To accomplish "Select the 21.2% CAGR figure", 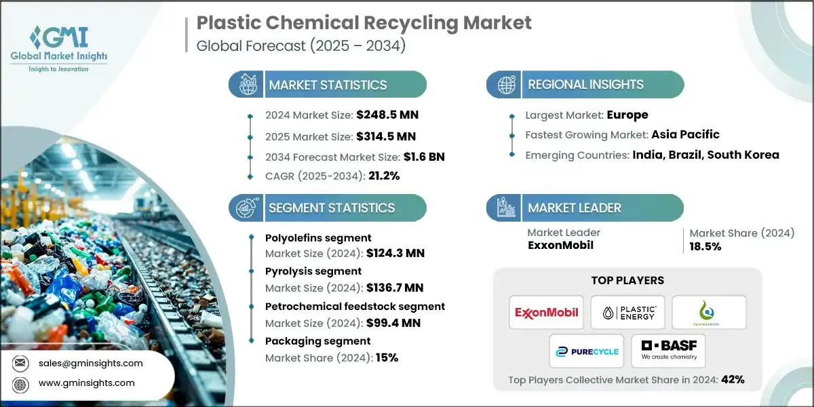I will pos(383,176).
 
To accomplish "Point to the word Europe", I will pos(627,115).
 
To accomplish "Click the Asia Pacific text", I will pos(685,134).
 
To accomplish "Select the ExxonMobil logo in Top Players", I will pos(547,312).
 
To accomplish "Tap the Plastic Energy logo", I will pos(627,312).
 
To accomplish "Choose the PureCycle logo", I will pos(587,351).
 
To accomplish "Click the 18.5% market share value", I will pos(705,246).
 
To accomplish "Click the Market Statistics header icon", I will pos(246,85).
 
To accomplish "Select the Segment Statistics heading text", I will pos(331,208).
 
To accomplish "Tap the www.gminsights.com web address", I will pos(86,383).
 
